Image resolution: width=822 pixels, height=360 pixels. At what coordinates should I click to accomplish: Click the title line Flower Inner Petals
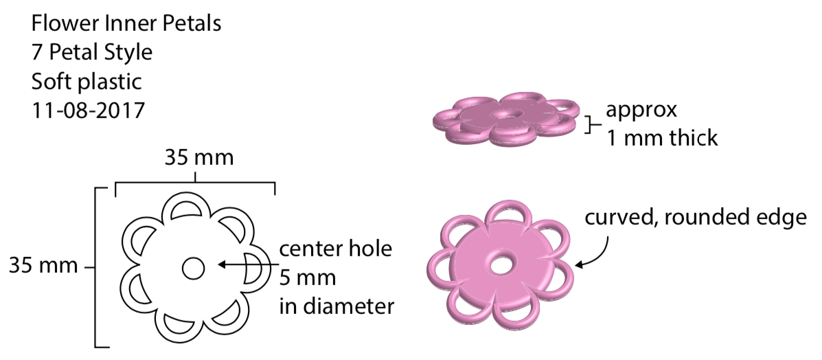coord(126,24)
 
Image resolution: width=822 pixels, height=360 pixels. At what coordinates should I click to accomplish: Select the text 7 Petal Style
coord(92,53)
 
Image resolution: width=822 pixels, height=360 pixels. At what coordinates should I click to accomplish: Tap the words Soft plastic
coord(86,82)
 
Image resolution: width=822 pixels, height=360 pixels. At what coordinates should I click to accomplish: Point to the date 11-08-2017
coord(88,110)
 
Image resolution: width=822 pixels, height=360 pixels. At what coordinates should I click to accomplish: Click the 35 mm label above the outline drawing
coord(199,157)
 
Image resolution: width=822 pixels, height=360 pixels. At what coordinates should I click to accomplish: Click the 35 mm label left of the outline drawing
coord(43,265)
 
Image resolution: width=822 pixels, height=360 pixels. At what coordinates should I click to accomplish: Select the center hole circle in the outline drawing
coord(193,268)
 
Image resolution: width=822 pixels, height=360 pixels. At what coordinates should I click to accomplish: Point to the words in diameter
coord(336,306)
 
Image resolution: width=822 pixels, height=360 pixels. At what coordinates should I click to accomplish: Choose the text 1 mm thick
coord(661,138)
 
